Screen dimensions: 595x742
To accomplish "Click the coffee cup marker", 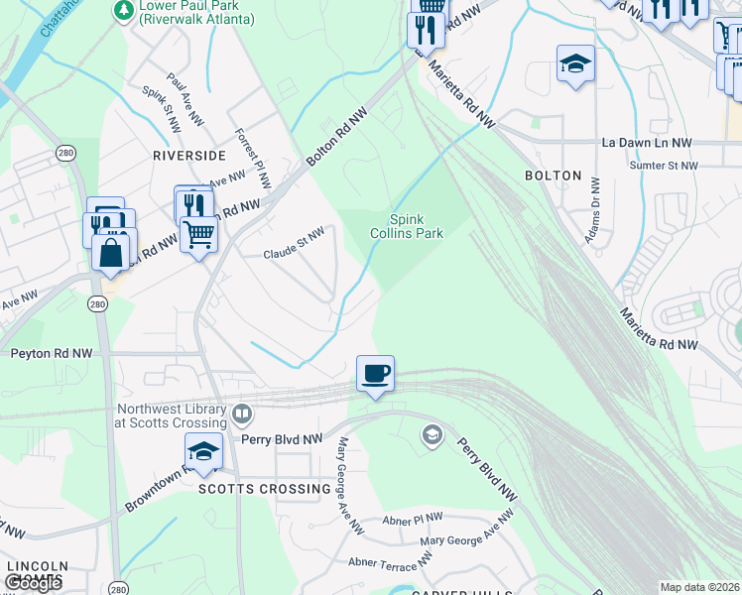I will click(x=375, y=375).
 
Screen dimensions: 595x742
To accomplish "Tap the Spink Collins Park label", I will click(x=413, y=227).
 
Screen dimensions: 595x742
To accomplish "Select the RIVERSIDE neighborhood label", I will click(x=188, y=156).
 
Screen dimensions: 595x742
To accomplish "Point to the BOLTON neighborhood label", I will click(x=553, y=176).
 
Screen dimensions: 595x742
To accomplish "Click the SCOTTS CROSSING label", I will click(x=264, y=489).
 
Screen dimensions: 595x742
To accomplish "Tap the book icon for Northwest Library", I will click(x=241, y=413).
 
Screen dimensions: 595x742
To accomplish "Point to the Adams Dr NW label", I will click(x=593, y=203).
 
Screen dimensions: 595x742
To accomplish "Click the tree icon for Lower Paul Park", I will click(x=124, y=10).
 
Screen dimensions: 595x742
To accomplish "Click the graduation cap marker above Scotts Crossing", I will click(x=203, y=451).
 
